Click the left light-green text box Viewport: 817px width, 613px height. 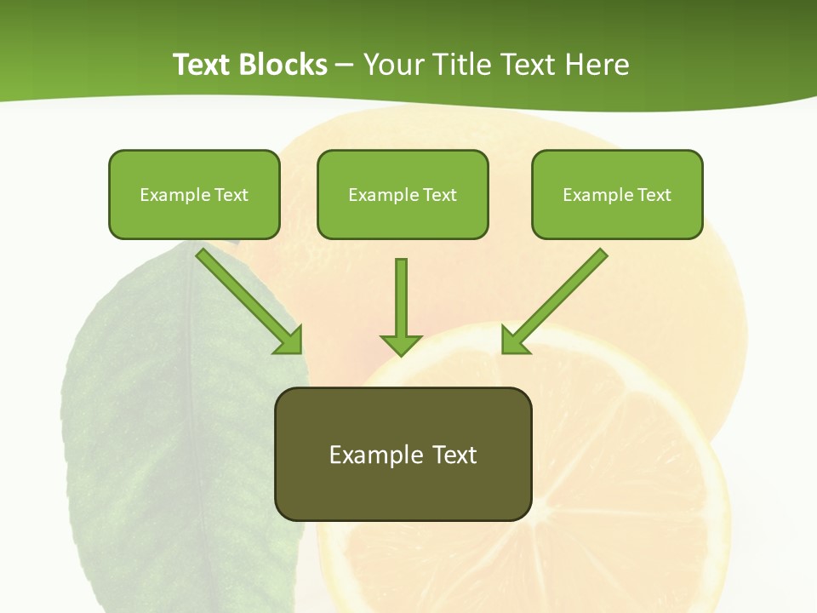coord(194,194)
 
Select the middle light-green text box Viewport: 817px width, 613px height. coord(403,194)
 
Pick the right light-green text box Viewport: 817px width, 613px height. coord(617,194)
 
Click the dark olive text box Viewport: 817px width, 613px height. coord(403,454)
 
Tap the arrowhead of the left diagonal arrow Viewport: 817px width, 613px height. coord(289,341)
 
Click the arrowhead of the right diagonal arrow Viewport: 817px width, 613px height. coord(514,341)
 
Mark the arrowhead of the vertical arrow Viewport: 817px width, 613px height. coord(401,344)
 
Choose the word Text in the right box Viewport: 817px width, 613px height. coord(654,195)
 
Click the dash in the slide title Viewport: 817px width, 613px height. coord(345,66)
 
